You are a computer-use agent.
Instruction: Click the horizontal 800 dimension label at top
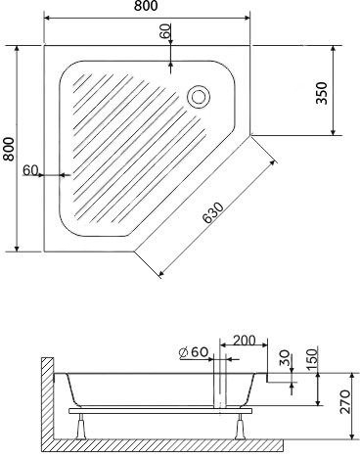pyautogui.click(x=146, y=6)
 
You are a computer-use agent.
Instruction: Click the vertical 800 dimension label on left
pyautogui.click(x=9, y=149)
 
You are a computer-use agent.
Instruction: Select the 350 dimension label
pyautogui.click(x=321, y=93)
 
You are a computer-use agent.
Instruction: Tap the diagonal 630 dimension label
pyautogui.click(x=213, y=213)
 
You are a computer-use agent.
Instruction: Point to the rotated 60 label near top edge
pyautogui.click(x=165, y=31)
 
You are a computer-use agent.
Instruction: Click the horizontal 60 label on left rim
pyautogui.click(x=30, y=170)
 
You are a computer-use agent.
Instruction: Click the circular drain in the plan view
pyautogui.click(x=199, y=97)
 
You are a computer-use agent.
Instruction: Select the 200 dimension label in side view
pyautogui.click(x=245, y=341)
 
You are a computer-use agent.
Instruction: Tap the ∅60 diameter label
pyautogui.click(x=194, y=352)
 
